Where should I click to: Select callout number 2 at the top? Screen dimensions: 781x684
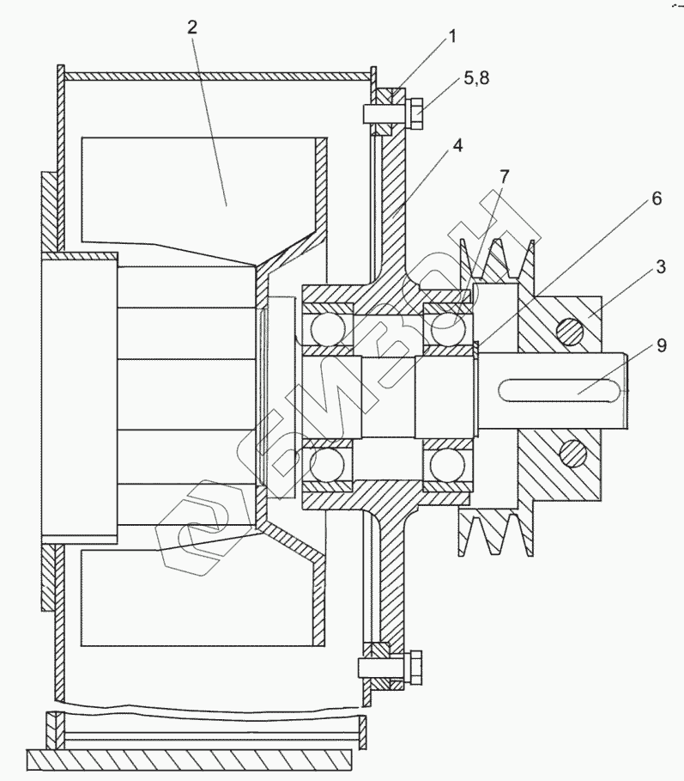(x=194, y=27)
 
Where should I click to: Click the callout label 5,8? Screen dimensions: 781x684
(x=478, y=80)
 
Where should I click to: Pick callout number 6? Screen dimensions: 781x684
(x=655, y=198)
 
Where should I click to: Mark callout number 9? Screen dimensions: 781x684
(x=660, y=346)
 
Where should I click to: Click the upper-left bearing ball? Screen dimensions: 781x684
(x=327, y=329)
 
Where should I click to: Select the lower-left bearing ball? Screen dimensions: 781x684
(x=327, y=465)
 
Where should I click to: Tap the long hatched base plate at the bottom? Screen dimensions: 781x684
(x=189, y=759)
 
